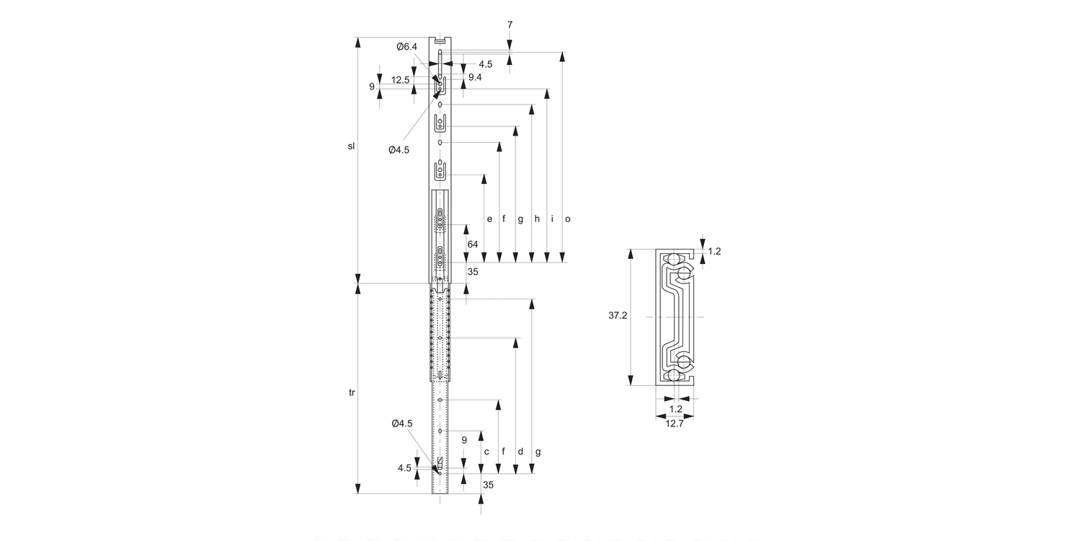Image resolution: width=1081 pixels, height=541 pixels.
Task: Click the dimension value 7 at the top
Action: pyautogui.click(x=510, y=25)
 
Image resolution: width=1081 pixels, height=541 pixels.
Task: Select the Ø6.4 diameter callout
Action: pyautogui.click(x=406, y=47)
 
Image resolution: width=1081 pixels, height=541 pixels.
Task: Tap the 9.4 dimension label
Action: pyautogui.click(x=475, y=77)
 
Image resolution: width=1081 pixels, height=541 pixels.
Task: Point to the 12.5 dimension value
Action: pyautogui.click(x=401, y=80)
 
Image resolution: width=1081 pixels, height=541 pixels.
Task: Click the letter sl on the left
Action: pyautogui.click(x=352, y=146)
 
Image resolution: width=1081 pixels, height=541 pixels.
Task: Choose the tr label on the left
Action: pyautogui.click(x=352, y=392)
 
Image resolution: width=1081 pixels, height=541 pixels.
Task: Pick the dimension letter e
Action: pyautogui.click(x=489, y=219)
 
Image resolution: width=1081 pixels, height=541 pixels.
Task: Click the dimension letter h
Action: pyautogui.click(x=537, y=219)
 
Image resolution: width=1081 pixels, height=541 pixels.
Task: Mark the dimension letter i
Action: pyautogui.click(x=552, y=219)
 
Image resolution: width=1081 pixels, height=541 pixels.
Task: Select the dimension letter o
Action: pyautogui.click(x=568, y=219)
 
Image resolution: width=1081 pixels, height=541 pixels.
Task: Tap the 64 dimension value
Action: pyautogui.click(x=473, y=245)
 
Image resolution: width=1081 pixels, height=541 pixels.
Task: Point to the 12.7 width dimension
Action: pyautogui.click(x=675, y=424)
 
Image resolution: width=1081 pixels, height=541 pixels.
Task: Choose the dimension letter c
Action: pyautogui.click(x=486, y=452)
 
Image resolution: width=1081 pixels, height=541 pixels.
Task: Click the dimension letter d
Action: pyautogui.click(x=520, y=452)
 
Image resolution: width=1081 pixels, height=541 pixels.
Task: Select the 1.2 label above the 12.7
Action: pyautogui.click(x=675, y=408)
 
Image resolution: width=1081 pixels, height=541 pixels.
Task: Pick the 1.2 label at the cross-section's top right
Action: pyautogui.click(x=714, y=251)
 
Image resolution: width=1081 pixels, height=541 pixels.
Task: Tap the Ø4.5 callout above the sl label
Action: pyautogui.click(x=399, y=150)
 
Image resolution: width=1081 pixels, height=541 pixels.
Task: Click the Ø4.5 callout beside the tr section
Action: pyautogui.click(x=402, y=423)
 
